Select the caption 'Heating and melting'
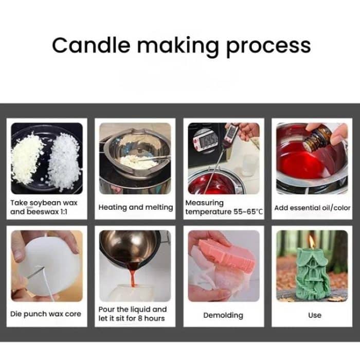click(136, 207)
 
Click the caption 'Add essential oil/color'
click(312, 208)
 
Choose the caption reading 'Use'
click(314, 315)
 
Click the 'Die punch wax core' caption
click(46, 314)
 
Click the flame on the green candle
click(312, 241)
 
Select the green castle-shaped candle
click(312, 273)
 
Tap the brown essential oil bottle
click(317, 139)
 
